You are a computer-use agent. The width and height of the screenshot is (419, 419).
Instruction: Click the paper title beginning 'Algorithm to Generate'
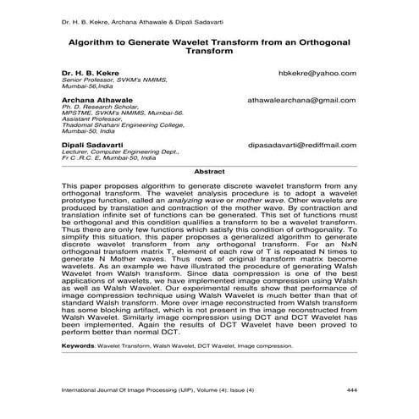coord(209,45)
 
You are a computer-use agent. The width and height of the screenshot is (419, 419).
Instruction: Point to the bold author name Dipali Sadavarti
coord(98,145)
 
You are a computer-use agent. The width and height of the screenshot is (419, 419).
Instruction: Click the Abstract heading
coord(209,171)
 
